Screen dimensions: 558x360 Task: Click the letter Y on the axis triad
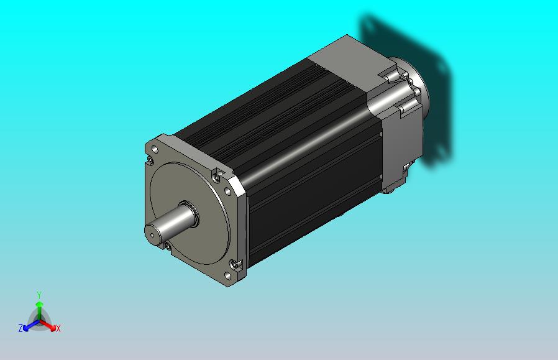39,295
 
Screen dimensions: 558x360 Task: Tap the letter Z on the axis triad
21,328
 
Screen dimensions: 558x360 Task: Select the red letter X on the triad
58,328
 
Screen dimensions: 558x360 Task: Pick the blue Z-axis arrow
30,325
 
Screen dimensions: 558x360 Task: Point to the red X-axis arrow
48,325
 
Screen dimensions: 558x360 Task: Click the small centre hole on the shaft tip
152,234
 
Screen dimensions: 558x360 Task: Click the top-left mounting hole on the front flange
155,149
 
